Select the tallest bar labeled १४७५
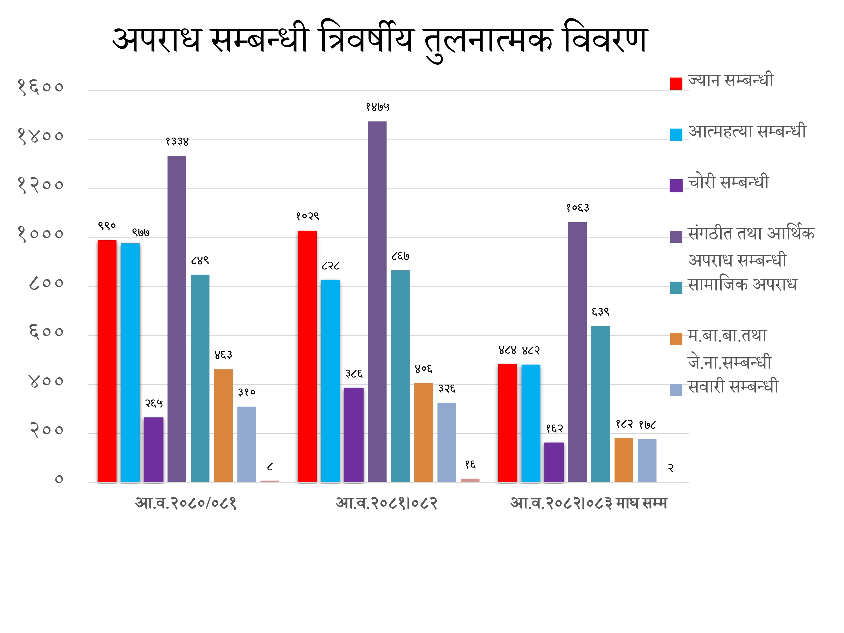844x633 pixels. click(377, 301)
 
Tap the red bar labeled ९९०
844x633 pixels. click(107, 361)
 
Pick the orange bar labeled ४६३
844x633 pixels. click(223, 425)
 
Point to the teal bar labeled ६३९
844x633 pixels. click(601, 404)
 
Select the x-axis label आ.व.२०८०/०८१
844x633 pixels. click(186, 503)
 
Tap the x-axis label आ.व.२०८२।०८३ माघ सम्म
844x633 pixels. click(589, 503)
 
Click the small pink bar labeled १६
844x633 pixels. click(470, 480)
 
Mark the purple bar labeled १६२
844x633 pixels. click(554, 462)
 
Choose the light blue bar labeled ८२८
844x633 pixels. click(331, 381)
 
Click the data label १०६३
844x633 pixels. click(578, 208)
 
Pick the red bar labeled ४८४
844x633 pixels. click(508, 423)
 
